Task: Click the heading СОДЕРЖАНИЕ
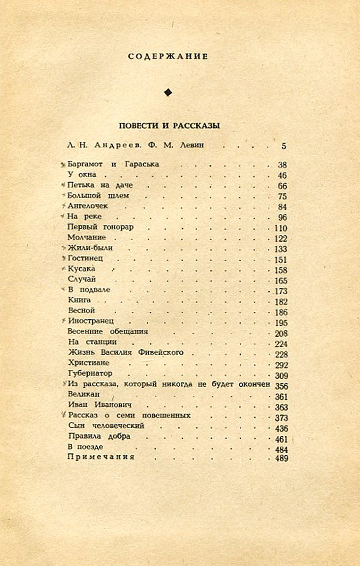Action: [167, 57]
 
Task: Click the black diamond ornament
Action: [167, 92]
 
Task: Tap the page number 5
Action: [284, 146]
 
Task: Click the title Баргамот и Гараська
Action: [113, 164]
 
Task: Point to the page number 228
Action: [280, 354]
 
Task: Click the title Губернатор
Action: [90, 374]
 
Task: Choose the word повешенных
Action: [167, 416]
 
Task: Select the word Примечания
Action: [101, 457]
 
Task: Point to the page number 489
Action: [280, 458]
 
